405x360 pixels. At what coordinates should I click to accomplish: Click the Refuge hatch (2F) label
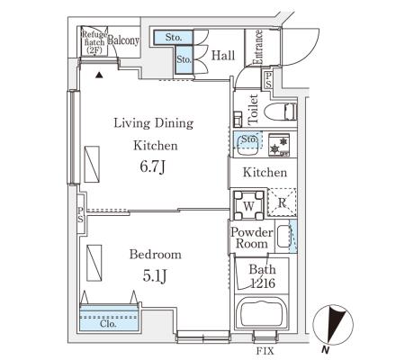click(x=94, y=42)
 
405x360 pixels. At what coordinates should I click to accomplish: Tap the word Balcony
click(x=123, y=40)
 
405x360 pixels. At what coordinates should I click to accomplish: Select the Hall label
click(x=223, y=55)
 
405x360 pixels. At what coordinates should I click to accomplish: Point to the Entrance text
click(x=257, y=47)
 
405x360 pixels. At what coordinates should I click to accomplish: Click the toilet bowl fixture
click(x=281, y=112)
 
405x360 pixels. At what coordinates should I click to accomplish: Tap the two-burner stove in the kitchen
click(x=279, y=145)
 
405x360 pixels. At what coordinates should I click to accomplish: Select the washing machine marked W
click(x=249, y=205)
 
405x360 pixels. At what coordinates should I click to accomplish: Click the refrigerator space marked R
click(x=282, y=202)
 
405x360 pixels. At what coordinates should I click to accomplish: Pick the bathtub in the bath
click(x=261, y=314)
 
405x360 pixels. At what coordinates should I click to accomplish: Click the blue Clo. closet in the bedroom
click(x=109, y=318)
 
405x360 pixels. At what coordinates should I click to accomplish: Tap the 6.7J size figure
click(x=153, y=166)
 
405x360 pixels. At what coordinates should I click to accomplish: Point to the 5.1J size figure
click(x=155, y=276)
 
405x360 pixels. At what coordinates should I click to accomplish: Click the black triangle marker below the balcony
click(x=99, y=76)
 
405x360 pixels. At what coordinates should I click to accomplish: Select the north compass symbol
click(x=333, y=325)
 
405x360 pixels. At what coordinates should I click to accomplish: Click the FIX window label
click(x=265, y=351)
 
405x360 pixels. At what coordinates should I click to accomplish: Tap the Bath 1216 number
click(x=263, y=283)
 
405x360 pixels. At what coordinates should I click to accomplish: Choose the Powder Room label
click(x=252, y=238)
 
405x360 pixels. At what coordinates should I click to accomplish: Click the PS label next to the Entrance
click(x=268, y=79)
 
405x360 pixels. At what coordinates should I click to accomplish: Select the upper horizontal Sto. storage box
click(x=174, y=38)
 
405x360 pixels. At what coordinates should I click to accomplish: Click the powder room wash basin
click(x=283, y=237)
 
